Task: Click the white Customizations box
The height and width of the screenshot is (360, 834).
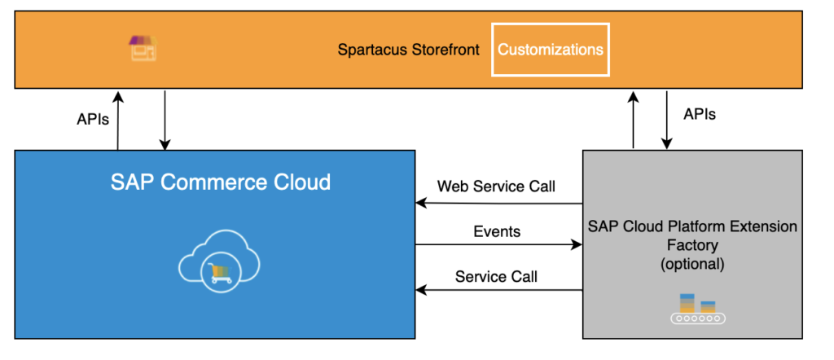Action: (x=551, y=50)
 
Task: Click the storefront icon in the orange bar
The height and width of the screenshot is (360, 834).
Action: (x=143, y=48)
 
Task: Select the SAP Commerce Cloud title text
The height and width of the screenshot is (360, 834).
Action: (x=221, y=181)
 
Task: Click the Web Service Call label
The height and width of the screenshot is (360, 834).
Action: (x=496, y=187)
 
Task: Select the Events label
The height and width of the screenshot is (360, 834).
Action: (x=497, y=231)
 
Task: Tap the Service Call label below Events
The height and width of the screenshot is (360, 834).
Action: (x=496, y=277)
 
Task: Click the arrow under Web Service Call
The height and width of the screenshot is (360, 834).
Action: (x=498, y=203)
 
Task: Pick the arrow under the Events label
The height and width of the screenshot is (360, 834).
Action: (x=498, y=244)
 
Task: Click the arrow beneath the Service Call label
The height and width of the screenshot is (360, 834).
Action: (x=498, y=289)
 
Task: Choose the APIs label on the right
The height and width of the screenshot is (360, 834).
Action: (x=700, y=115)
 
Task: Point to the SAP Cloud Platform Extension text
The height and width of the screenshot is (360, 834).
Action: (x=692, y=226)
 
